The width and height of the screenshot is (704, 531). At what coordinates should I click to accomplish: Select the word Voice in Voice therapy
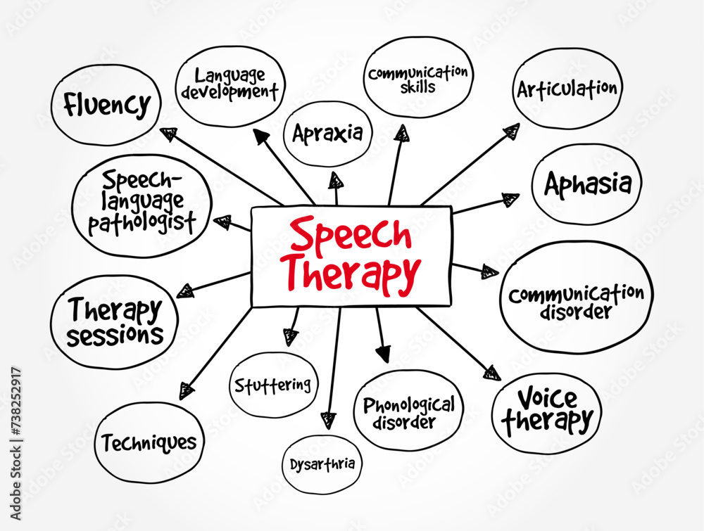point(547,398)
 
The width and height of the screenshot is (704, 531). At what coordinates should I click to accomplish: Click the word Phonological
point(409,405)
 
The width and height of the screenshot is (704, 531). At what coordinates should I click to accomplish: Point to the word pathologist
point(142,222)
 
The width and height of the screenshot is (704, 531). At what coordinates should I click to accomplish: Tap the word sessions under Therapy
point(115,335)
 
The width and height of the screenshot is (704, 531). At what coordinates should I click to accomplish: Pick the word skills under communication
point(417,87)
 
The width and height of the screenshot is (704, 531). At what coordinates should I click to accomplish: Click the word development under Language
point(230,92)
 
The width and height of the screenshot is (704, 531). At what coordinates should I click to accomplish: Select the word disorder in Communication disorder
point(576,312)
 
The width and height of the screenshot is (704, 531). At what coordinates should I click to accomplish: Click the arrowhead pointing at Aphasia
point(510,199)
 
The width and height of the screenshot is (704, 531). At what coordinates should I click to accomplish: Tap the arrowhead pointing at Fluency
point(168,134)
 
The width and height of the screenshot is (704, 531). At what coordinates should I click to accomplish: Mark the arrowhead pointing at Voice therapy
point(492,373)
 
